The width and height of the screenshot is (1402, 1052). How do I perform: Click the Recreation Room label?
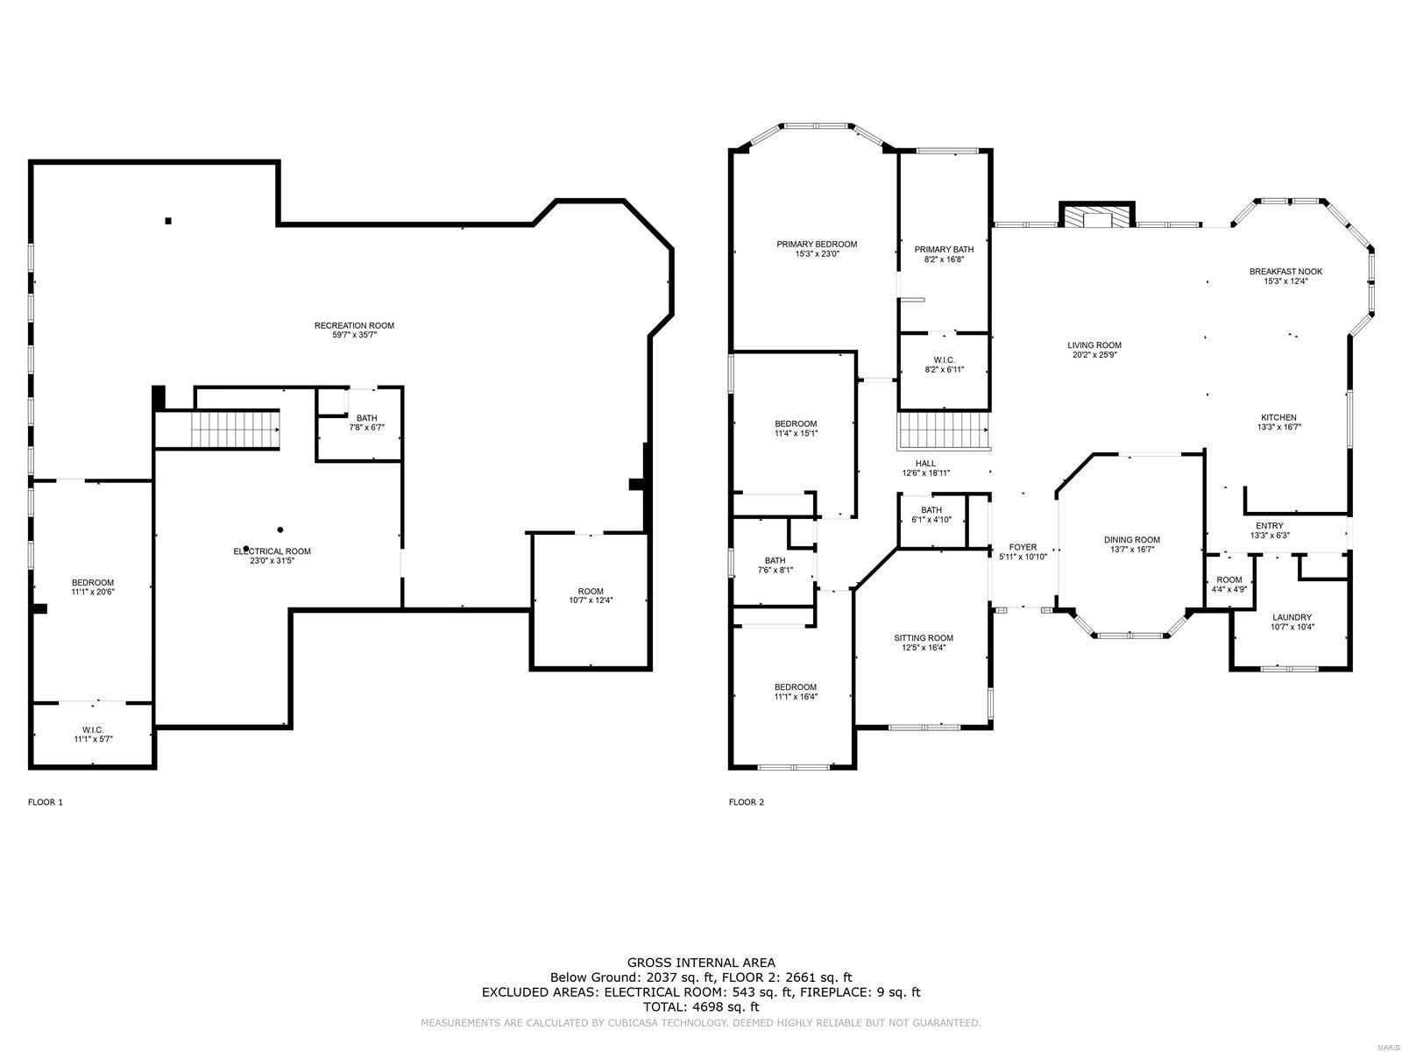click(x=354, y=325)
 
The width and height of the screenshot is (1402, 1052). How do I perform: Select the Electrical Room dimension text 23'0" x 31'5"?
click(x=272, y=562)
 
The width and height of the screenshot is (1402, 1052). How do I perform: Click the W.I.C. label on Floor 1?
click(x=93, y=729)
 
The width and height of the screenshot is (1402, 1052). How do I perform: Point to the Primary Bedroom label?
click(x=817, y=244)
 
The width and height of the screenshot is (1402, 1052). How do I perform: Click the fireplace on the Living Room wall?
click(x=1096, y=217)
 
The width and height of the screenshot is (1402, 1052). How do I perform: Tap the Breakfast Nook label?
click(x=1285, y=272)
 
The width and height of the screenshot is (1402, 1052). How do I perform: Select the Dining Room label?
click(x=1131, y=540)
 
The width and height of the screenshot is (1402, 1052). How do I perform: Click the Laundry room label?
click(x=1292, y=617)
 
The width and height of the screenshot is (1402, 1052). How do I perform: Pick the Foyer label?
click(x=1023, y=547)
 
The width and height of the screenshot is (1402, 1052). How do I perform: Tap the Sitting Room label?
click(x=924, y=638)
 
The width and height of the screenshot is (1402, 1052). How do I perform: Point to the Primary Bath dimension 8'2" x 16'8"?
click(x=943, y=259)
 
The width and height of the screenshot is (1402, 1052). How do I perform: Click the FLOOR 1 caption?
click(x=46, y=802)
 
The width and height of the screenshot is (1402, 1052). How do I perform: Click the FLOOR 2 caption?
click(x=747, y=802)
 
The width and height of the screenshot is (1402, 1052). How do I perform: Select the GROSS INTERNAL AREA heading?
click(x=700, y=963)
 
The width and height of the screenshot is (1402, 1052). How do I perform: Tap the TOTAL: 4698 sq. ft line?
click(x=700, y=1007)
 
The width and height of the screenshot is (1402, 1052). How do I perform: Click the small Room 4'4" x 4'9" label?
click(x=1229, y=579)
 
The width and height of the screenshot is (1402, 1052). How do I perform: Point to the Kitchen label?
click(x=1278, y=417)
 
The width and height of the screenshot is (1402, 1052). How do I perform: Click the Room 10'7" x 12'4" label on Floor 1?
click(x=591, y=591)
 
